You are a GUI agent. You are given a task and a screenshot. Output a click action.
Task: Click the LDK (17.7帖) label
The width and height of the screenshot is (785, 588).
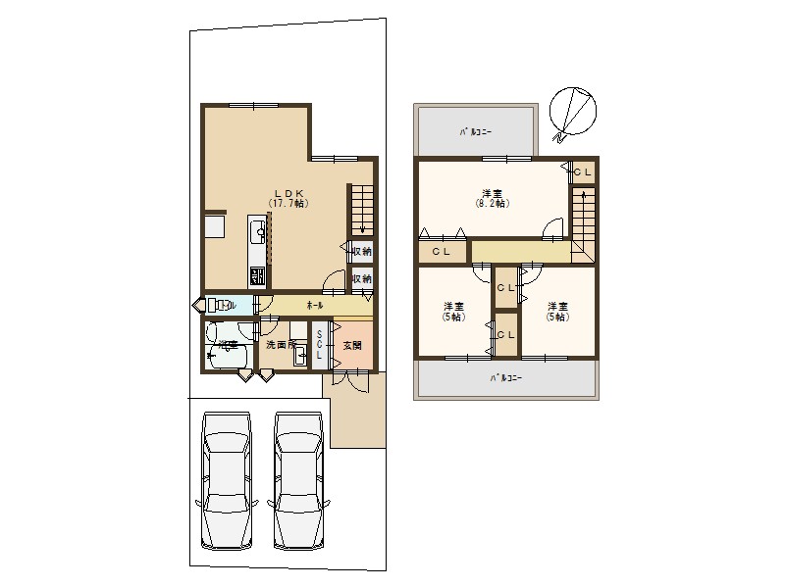(x=288, y=198)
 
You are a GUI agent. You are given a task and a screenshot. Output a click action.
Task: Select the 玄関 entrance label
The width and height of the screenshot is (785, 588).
(x=352, y=346)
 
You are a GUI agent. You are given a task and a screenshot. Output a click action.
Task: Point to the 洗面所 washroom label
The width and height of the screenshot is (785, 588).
(x=282, y=345)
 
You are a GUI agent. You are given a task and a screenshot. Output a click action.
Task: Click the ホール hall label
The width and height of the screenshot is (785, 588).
(x=315, y=306)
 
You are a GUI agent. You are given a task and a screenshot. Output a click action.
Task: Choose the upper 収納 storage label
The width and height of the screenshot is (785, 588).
(x=362, y=252)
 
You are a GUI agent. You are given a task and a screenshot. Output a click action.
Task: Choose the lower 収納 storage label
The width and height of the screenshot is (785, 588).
(x=362, y=279)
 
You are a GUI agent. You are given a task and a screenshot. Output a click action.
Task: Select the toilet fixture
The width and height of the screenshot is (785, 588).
(x=218, y=306)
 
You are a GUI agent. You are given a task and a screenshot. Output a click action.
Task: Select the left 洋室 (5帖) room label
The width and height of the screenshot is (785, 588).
(x=453, y=312)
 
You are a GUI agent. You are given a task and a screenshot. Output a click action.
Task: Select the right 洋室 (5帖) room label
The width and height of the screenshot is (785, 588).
(x=557, y=312)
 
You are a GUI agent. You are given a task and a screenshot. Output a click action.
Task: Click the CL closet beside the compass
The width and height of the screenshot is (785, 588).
(x=583, y=172)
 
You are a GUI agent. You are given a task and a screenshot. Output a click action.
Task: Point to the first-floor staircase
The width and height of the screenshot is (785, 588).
(x=361, y=209)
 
